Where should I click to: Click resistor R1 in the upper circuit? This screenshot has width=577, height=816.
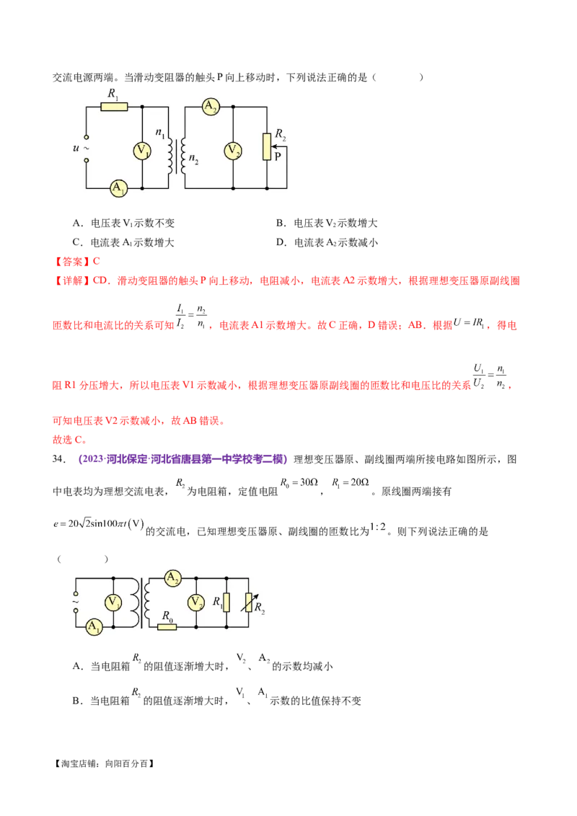(x=114, y=107)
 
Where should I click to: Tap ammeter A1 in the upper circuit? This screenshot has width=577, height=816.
(x=117, y=188)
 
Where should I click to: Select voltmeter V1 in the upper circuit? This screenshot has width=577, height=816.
(x=143, y=151)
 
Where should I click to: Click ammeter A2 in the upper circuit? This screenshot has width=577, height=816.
(x=210, y=107)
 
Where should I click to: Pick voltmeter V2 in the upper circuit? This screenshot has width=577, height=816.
(x=233, y=151)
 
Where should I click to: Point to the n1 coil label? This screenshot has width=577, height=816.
(x=160, y=133)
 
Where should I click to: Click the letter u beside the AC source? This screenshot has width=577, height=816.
(x=77, y=148)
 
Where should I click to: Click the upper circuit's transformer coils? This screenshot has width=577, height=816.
(x=177, y=148)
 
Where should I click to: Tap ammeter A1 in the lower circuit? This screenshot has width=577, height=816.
(x=94, y=627)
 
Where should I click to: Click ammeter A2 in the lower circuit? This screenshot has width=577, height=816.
(x=172, y=578)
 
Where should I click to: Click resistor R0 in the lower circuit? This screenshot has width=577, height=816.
(x=167, y=626)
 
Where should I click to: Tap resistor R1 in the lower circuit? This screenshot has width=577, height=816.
(x=226, y=602)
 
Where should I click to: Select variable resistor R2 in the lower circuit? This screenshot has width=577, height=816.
(x=250, y=602)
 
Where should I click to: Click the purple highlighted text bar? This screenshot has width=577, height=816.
(x=182, y=458)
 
